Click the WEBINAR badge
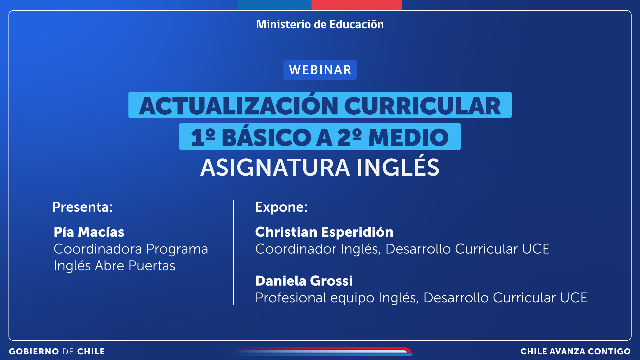[320, 70]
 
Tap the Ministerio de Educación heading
[320, 24]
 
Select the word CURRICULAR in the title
[422, 106]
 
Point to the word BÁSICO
[266, 137]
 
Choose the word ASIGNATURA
[275, 167]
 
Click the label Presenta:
[83, 207]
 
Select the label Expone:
[281, 207]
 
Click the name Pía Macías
[89, 232]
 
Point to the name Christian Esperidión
[324, 232]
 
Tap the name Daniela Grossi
[304, 281]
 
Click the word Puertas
[152, 266]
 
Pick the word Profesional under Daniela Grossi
[291, 298]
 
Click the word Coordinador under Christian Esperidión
[296, 249]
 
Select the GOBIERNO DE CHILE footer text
[57, 351]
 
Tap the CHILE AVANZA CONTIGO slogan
[576, 351]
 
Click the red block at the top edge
[357, 5]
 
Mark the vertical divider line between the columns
[234, 252]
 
